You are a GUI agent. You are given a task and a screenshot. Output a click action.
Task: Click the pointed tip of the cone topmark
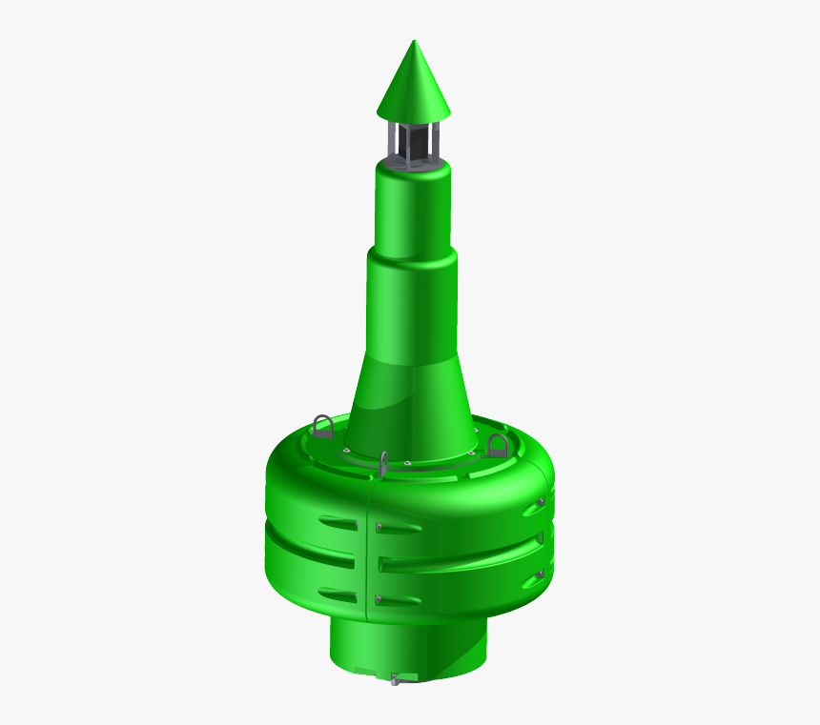(414, 42)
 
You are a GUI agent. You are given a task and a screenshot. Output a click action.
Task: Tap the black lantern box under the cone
(413, 143)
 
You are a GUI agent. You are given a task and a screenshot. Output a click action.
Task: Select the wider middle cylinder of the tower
(411, 300)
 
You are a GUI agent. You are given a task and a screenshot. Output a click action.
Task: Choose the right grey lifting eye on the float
(498, 444)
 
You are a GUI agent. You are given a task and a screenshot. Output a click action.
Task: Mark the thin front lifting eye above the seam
(383, 464)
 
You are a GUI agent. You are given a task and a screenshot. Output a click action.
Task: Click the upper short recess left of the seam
(338, 523)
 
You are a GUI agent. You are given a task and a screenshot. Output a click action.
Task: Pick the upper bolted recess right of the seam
(399, 527)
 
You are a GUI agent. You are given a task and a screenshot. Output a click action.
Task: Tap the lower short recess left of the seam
(338, 595)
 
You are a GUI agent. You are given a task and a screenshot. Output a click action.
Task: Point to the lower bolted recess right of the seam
(399, 600)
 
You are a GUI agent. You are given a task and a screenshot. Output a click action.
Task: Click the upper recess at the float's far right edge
(535, 506)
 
